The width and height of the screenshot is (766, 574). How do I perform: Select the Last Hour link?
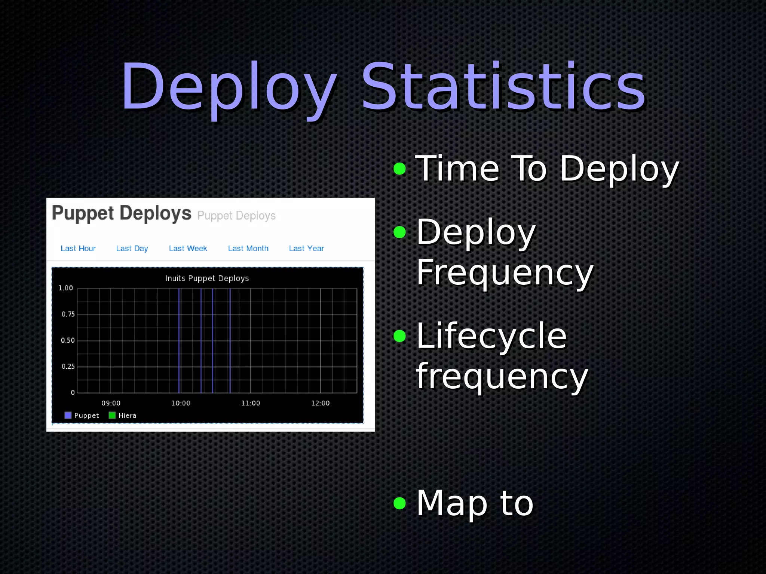(x=78, y=249)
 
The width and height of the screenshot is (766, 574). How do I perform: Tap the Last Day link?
(x=132, y=249)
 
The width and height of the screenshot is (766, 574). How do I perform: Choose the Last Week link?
(x=188, y=249)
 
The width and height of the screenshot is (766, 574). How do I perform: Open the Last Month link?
(x=248, y=249)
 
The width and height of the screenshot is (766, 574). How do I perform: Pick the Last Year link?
(x=306, y=249)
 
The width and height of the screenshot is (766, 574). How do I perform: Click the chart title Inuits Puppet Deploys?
(x=207, y=278)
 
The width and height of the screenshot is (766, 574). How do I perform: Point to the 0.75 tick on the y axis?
(x=68, y=314)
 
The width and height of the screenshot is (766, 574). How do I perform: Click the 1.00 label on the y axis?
(x=66, y=288)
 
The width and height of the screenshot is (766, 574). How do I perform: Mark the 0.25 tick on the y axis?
(x=68, y=367)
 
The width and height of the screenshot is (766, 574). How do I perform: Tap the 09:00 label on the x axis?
(x=111, y=403)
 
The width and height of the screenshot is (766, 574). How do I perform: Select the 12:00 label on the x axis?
(x=321, y=403)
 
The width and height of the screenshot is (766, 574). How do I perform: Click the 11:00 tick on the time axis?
(x=251, y=403)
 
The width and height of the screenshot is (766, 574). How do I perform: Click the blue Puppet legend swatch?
(x=68, y=415)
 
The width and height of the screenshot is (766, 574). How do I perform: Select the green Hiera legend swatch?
(x=112, y=415)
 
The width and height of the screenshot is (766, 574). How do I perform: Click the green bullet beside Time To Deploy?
(x=399, y=169)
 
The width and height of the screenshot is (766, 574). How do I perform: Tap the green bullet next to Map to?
(x=399, y=503)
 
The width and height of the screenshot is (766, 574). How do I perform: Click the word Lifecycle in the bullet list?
(x=491, y=336)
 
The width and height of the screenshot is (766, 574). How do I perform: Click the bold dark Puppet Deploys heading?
(x=122, y=213)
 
